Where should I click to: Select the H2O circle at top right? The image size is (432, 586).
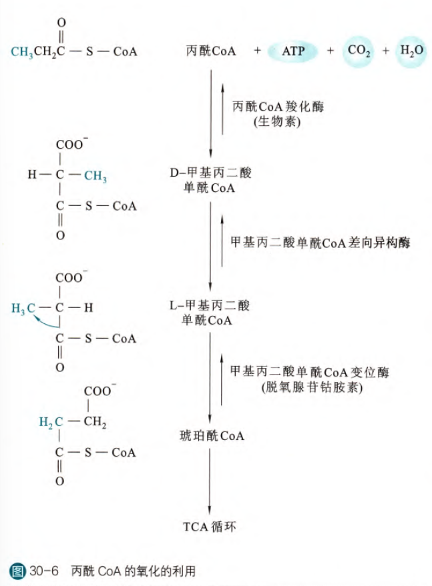[x=411, y=51]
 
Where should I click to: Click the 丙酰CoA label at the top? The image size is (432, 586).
[x=211, y=51]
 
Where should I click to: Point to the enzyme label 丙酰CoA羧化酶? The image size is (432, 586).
[x=278, y=107]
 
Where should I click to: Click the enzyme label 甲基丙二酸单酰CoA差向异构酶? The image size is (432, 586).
[x=319, y=243]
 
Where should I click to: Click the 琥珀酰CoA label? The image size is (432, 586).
[x=212, y=437]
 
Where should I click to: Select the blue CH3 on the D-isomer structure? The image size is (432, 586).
[x=95, y=176]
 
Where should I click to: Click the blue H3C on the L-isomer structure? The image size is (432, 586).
[x=22, y=308]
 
